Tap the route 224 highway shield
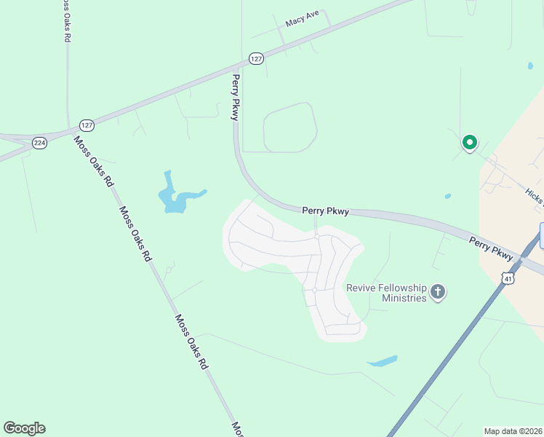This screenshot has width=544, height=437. [x=40, y=143]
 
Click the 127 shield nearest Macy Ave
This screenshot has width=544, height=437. [x=255, y=58]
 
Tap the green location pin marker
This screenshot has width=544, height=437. [x=470, y=143]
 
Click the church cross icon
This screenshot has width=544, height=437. [x=437, y=293]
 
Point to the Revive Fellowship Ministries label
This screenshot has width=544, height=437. [x=385, y=293]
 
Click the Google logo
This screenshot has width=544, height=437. [x=24, y=428]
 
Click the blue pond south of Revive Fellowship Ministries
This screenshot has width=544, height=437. [x=383, y=361]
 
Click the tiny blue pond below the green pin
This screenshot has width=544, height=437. [x=447, y=196]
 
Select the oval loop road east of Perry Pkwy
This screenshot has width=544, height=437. [x=289, y=127]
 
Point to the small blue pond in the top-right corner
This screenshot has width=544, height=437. [x=530, y=66]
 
